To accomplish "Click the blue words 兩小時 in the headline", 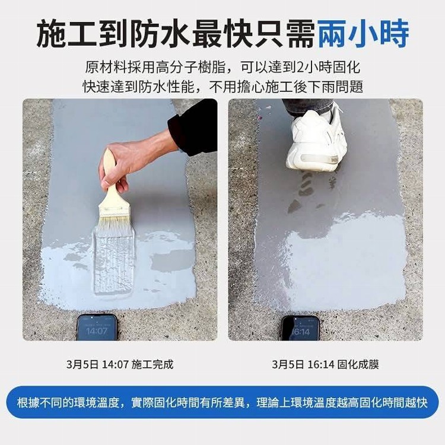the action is [x=363, y=33].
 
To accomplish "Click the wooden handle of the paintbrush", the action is [x=112, y=182].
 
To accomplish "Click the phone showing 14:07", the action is [x=97, y=327].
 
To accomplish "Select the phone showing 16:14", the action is [x=300, y=328].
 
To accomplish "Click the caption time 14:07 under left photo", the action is [x=115, y=364].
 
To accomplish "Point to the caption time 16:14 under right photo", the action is [x=321, y=364].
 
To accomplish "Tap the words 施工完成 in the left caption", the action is [x=152, y=364].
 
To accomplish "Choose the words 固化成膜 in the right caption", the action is [x=358, y=364].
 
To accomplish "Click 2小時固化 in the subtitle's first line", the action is [x=328, y=68].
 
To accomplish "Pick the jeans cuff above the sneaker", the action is [x=308, y=106].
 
